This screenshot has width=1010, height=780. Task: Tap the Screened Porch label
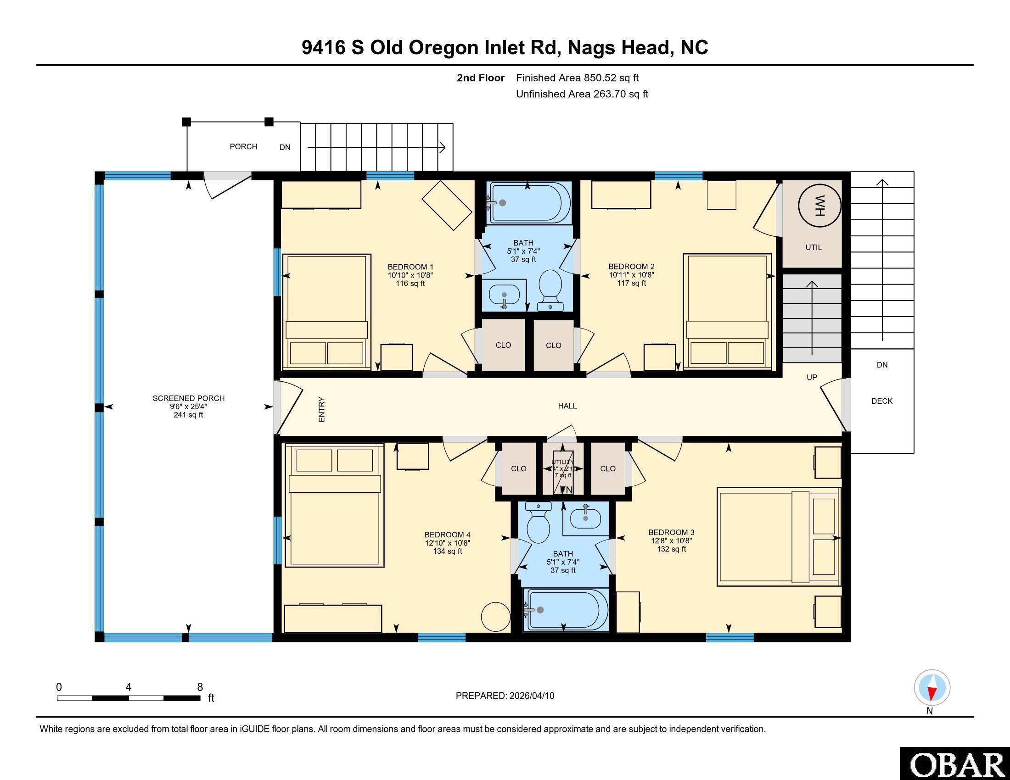point(189,398)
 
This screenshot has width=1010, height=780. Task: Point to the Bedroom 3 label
point(671,532)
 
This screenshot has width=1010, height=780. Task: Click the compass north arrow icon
point(932,688)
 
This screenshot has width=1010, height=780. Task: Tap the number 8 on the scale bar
point(200,687)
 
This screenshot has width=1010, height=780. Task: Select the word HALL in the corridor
point(567,406)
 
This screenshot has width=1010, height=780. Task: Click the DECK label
point(881,401)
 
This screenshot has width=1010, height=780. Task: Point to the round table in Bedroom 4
point(496,616)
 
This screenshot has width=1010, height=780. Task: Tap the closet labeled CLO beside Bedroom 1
point(503,345)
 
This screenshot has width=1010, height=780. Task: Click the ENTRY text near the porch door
point(322,409)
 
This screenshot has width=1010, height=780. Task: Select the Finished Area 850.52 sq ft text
point(577,78)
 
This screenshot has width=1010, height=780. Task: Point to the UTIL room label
point(814,247)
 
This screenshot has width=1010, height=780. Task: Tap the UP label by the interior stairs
point(812,377)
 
